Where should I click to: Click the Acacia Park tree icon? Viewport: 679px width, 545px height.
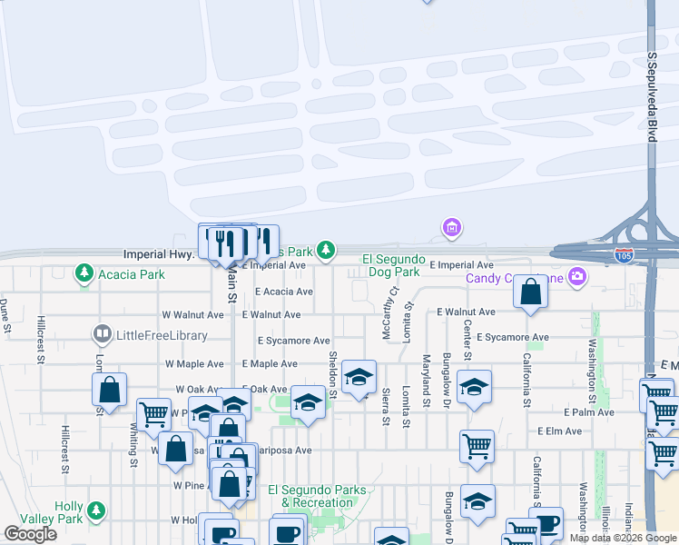click(84, 272)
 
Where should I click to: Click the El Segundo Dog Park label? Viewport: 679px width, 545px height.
click(392, 265)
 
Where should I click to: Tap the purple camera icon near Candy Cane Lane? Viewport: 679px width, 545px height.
click(576, 277)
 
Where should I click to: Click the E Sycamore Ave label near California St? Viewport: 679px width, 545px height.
click(512, 337)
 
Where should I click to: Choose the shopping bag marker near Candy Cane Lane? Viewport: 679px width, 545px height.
click(530, 292)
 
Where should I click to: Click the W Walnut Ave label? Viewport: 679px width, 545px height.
click(192, 315)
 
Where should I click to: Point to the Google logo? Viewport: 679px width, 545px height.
click(30, 535)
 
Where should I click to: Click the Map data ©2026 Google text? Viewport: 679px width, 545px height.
click(622, 538)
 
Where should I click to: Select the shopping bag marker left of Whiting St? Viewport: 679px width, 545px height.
click(110, 390)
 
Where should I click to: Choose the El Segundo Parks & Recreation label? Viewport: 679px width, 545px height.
click(324, 496)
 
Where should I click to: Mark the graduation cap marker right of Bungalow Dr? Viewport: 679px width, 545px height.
click(474, 386)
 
